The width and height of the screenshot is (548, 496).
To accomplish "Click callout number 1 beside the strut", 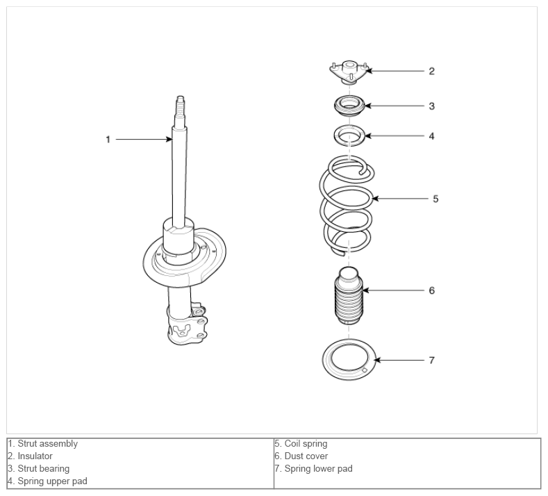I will click(108, 139).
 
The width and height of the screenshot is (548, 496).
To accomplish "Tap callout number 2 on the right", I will click(431, 71).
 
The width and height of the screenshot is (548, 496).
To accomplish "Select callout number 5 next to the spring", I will click(435, 199).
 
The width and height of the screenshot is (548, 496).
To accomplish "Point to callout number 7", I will click(431, 361).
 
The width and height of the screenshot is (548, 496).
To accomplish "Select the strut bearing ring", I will click(349, 106).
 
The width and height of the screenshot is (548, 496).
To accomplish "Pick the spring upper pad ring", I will click(349, 135).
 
